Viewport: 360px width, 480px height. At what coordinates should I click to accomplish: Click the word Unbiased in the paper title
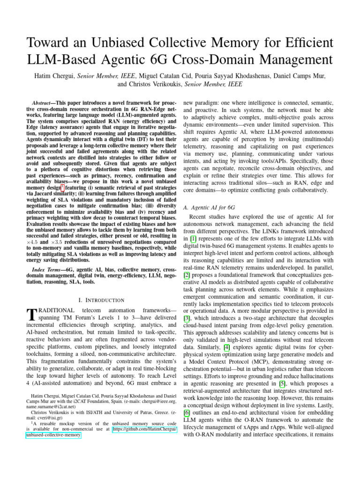121,40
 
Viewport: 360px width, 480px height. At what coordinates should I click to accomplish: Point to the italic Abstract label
43,102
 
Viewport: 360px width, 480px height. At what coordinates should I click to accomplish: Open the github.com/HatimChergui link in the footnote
145,428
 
